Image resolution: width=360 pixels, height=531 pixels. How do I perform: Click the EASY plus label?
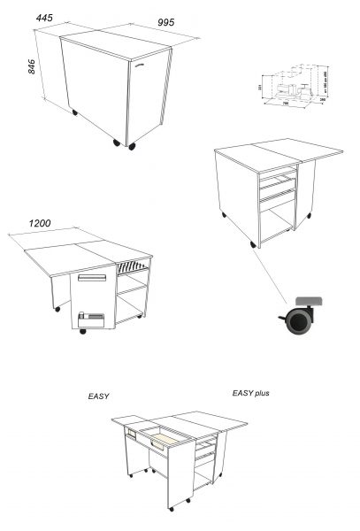point(250,393)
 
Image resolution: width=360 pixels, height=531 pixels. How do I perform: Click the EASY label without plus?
point(97,396)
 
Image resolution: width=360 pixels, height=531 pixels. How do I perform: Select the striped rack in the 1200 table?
point(133,265)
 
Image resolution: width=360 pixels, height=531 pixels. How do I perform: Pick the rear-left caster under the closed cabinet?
point(73,112)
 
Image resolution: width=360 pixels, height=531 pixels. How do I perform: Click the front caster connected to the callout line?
point(254,243)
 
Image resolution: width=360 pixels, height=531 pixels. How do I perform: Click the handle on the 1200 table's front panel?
point(92,278)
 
